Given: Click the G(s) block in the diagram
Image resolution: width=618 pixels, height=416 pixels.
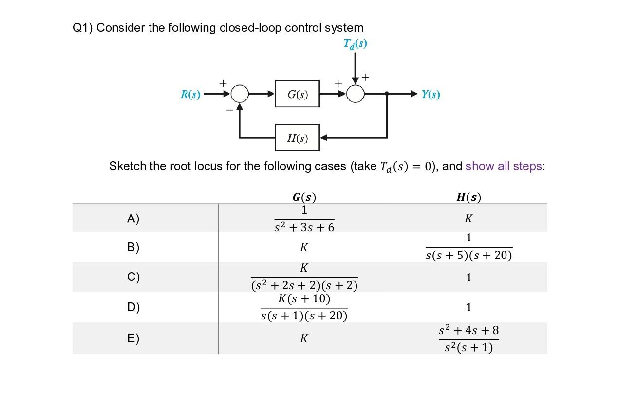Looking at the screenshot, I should click(x=297, y=94).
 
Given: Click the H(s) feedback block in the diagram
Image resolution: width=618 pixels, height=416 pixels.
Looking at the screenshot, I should click(x=297, y=138).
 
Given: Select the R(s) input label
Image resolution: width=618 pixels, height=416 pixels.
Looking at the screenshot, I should click(x=190, y=94).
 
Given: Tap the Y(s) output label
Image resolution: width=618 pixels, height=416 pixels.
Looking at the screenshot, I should click(x=431, y=94).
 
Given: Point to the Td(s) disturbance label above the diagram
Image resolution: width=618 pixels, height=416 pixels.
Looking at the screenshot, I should click(x=355, y=43).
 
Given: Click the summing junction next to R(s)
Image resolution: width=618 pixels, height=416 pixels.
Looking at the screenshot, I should click(x=240, y=94).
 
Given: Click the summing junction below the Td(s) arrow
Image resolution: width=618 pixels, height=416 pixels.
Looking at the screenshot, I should click(x=356, y=94).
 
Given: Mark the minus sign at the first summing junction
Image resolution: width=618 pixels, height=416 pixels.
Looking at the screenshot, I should click(x=229, y=110).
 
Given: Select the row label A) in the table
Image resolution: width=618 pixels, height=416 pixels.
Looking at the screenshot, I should click(x=133, y=218).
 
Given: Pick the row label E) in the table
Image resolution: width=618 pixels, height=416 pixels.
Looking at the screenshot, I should click(x=133, y=338).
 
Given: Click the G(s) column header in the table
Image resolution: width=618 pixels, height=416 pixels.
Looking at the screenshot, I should click(x=304, y=197).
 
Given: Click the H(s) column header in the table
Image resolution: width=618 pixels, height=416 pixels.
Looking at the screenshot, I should click(x=468, y=197).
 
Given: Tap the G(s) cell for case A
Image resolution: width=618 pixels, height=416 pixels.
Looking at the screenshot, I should click(x=304, y=218).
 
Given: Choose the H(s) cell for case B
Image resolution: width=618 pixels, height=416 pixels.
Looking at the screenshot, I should click(x=468, y=247).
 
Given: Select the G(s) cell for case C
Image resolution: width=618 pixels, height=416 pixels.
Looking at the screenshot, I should click(x=304, y=277).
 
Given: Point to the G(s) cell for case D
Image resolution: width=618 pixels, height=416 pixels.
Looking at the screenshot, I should click(x=304, y=307).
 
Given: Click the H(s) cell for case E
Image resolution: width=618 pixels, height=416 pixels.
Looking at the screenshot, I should click(x=468, y=338).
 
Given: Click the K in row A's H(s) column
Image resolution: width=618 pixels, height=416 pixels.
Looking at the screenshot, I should click(x=468, y=218).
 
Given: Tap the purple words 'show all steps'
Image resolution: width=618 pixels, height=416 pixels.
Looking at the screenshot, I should click(x=504, y=166).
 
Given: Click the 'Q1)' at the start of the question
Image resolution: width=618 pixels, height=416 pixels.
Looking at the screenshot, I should click(x=83, y=28).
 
